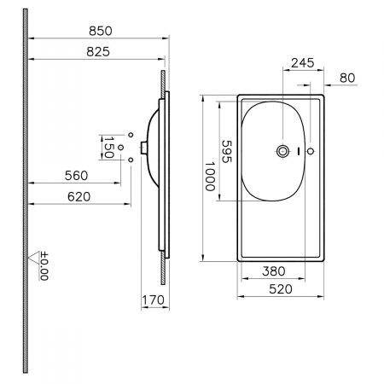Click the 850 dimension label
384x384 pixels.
(101, 31)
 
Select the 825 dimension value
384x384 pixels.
(98, 52)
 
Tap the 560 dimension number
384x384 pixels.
(76, 176)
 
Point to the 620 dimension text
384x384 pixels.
(79, 196)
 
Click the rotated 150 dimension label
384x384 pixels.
(108, 148)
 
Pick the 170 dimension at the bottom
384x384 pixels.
(153, 300)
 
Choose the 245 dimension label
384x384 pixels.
(303, 63)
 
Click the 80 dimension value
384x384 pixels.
(347, 78)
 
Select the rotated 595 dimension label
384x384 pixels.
(227, 152)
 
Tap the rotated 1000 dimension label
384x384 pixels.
(210, 177)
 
